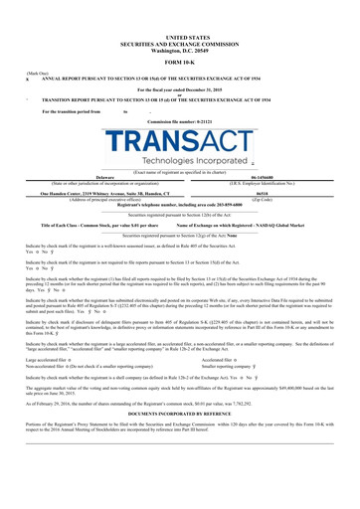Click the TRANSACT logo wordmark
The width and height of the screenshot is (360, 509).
tap(180, 140)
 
